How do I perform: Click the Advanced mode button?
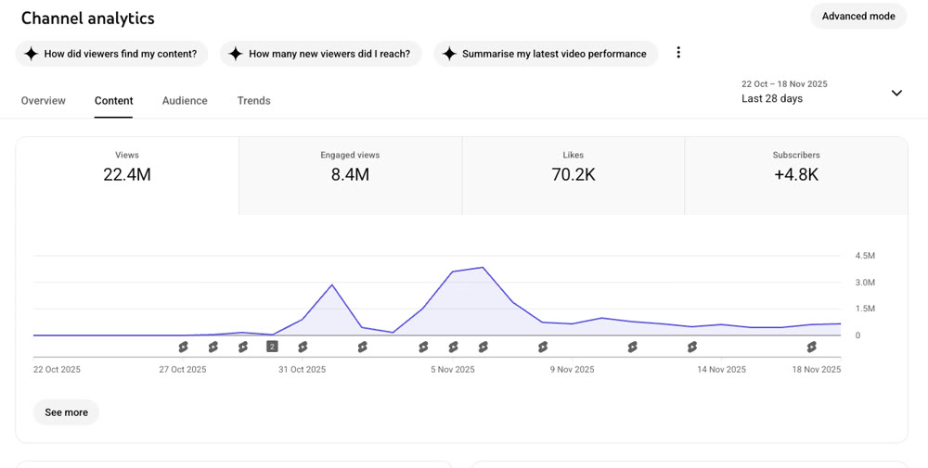click(857, 16)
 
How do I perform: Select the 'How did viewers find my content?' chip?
click(111, 54)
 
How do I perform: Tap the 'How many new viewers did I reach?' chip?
click(320, 54)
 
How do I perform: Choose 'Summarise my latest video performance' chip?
click(546, 54)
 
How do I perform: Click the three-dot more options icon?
click(678, 53)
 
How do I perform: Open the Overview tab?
click(44, 100)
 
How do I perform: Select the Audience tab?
click(185, 100)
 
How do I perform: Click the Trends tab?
click(253, 100)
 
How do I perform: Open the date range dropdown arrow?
click(896, 93)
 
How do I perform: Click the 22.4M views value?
click(127, 174)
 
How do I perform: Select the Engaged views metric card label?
click(350, 155)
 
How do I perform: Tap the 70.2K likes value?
click(573, 174)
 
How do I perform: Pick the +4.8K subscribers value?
click(796, 174)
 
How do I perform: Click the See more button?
click(66, 412)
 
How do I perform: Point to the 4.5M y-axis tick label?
click(865, 256)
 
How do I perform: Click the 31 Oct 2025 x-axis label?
click(303, 369)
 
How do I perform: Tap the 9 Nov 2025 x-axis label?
click(572, 369)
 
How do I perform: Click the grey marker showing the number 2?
click(272, 347)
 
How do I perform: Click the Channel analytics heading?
click(88, 19)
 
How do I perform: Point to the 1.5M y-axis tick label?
click(865, 309)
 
